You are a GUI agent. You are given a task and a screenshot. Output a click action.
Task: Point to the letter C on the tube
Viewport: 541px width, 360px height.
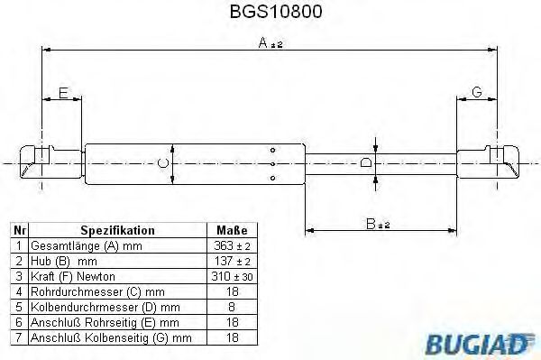[x=162, y=162]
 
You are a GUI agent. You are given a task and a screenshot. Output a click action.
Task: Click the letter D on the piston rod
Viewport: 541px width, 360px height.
[x=364, y=162]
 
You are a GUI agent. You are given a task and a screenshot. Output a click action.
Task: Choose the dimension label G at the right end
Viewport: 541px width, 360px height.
[x=477, y=92]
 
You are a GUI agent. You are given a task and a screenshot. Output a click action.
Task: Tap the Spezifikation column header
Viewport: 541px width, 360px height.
[x=117, y=231]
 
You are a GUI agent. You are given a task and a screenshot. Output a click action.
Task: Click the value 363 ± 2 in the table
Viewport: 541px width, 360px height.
[x=233, y=245]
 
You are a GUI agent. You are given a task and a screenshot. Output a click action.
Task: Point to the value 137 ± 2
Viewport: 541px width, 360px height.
[x=233, y=261]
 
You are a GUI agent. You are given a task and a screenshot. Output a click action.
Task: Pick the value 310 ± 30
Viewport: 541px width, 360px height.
[x=233, y=276]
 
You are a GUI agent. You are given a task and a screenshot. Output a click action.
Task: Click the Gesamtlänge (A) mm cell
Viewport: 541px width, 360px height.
[x=87, y=245]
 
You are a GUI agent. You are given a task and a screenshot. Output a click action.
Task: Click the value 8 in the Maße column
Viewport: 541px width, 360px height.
[x=233, y=307]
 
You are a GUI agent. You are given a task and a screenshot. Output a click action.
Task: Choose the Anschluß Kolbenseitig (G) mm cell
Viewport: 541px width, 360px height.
[x=111, y=338]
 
